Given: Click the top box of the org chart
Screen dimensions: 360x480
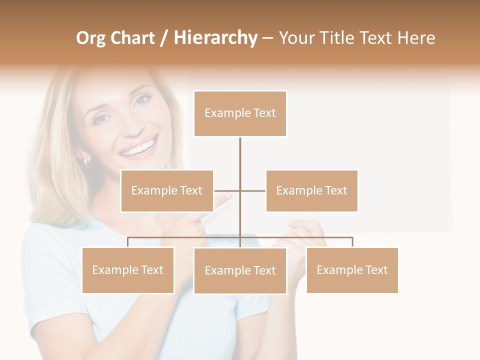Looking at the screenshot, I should coord(240,113).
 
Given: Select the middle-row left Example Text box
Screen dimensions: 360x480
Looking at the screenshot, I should coord(167,190).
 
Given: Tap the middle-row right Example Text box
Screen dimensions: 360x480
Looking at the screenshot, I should coord(311,190).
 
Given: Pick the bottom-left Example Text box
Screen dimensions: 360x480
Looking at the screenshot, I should coord(128,270).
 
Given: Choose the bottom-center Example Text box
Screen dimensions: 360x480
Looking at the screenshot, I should coord(240,270).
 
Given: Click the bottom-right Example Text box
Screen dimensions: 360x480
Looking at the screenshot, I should coord(352,270).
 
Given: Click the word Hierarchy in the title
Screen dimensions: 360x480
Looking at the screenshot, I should coord(215,38).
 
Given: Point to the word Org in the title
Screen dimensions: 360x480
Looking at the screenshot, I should coord(91,38).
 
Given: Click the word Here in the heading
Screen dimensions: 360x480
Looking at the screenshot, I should coord(416,38).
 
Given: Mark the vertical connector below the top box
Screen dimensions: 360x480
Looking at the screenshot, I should coord(240,160).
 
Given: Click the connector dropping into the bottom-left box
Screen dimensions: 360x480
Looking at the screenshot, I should coord(128,242).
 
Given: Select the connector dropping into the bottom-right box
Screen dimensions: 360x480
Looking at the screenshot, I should coord(352,242).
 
